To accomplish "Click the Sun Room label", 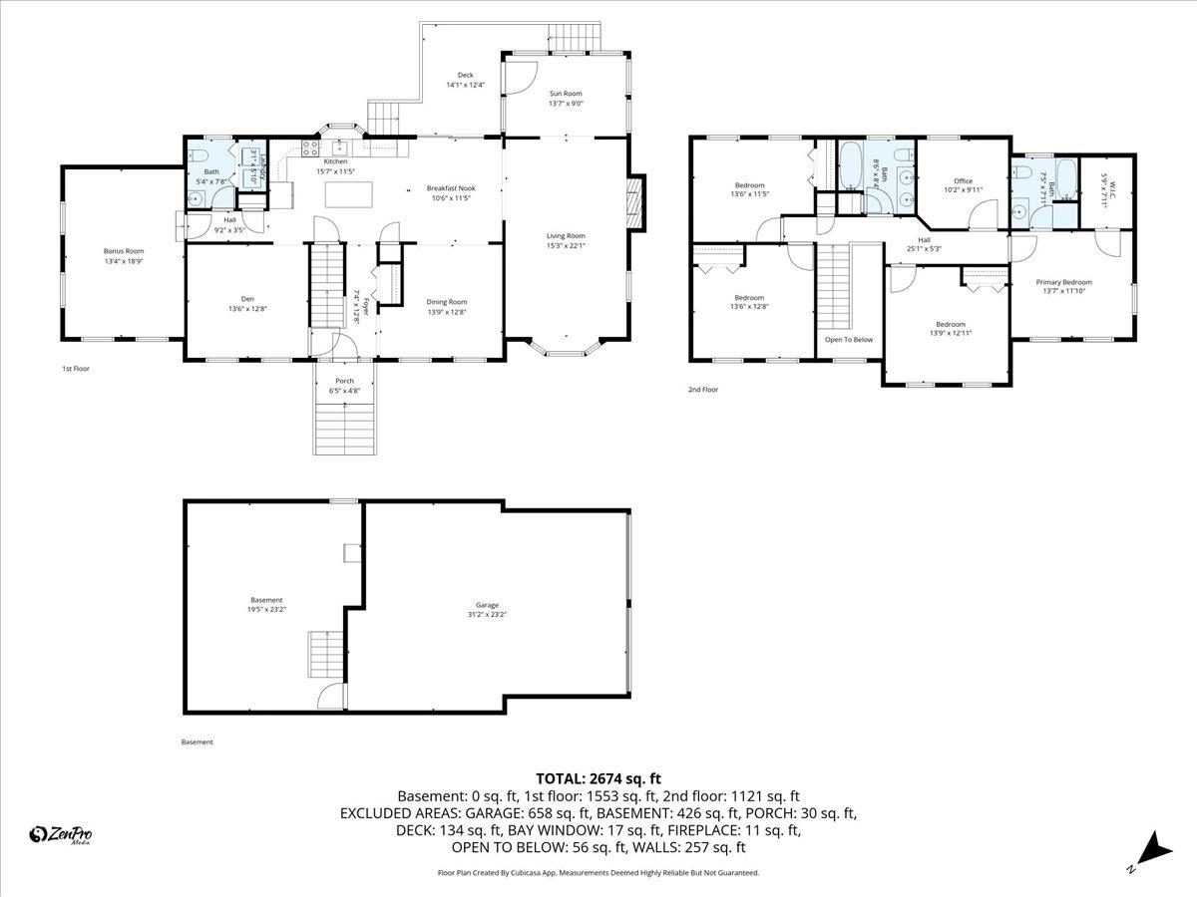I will click(566, 93).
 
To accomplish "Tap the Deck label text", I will click(465, 75).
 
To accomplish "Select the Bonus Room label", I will click(124, 251).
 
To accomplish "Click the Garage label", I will click(487, 605).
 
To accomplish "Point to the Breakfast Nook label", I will click(450, 187).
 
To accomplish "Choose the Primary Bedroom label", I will click(1067, 282).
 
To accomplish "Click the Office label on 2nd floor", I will click(963, 181).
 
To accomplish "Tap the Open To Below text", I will click(848, 340).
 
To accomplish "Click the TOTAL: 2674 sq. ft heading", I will click(598, 778).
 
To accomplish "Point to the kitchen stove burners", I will click(310, 150).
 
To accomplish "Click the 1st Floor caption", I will click(76, 369).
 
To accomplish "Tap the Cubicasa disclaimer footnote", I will click(598, 872).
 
